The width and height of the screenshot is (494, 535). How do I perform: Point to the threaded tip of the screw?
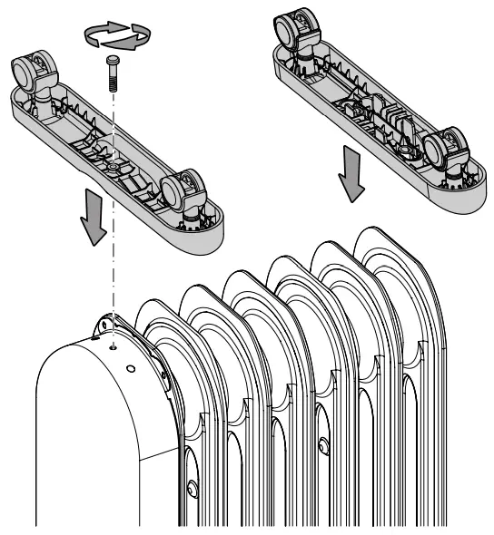pos(114,83)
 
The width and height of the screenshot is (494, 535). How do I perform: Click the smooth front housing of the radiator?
pos(86,435)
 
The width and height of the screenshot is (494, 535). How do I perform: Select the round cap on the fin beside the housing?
pos(192,488)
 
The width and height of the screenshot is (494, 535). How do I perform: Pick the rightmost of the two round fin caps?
pos(322,444)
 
